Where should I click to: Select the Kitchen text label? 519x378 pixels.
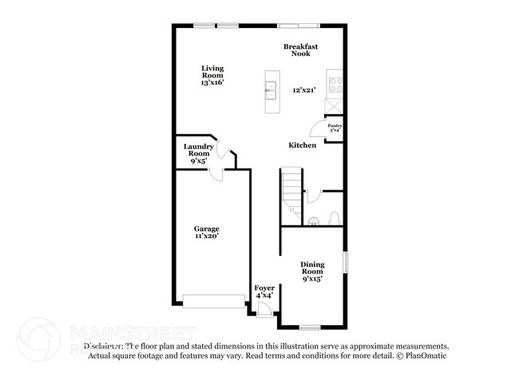point(303,145)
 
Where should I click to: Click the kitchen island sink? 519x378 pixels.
point(271,90)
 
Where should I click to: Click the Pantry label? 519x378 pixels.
point(336,126)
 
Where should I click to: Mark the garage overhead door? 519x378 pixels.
point(214,300)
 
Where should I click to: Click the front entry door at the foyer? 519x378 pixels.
point(263,312)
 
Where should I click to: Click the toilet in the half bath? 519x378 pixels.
point(333,218)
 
